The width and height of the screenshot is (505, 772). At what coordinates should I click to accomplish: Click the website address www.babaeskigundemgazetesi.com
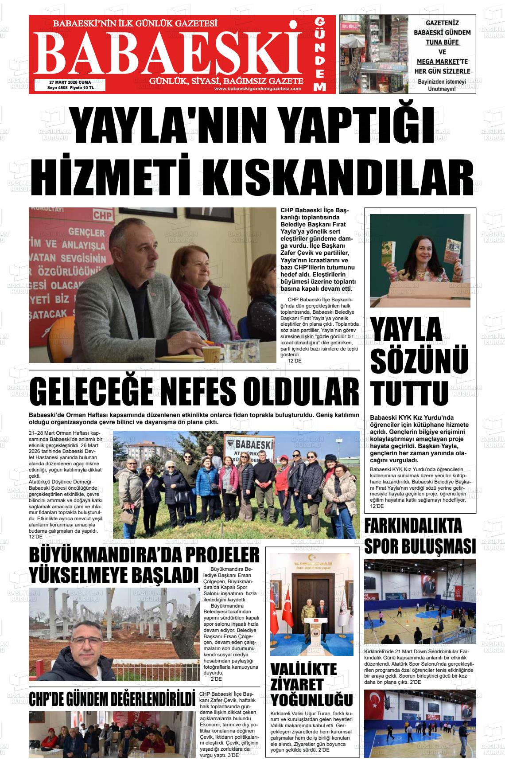pyautogui.click(x=257, y=89)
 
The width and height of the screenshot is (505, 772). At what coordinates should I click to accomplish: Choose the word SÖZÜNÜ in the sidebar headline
pyautogui.click(x=419, y=361)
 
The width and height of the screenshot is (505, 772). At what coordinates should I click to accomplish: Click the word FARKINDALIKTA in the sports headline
pyautogui.click(x=413, y=526)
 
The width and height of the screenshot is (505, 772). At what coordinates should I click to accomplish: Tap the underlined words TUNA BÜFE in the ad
pyautogui.click(x=442, y=43)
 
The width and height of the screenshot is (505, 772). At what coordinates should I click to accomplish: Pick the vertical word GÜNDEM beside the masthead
pyautogui.click(x=320, y=54)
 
